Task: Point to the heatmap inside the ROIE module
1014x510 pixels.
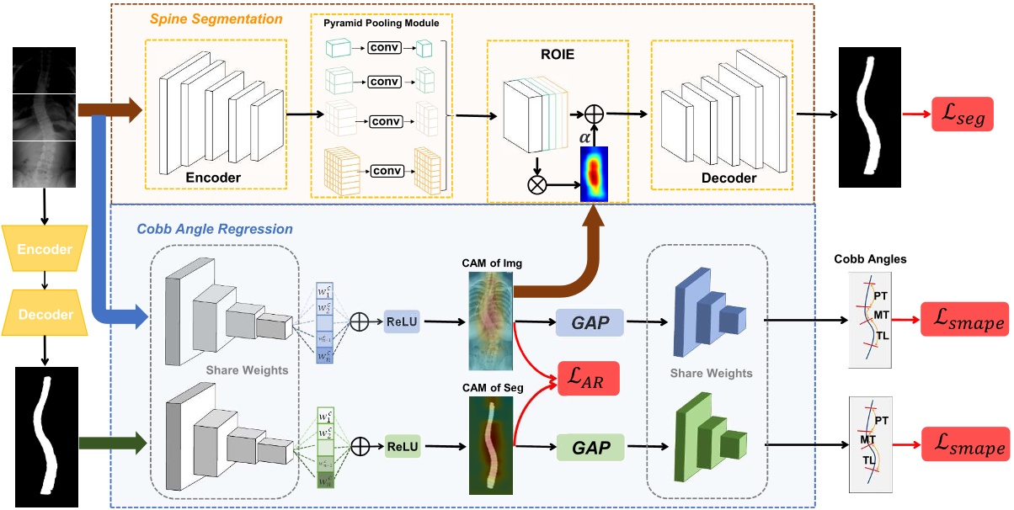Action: pyautogui.click(x=593, y=173)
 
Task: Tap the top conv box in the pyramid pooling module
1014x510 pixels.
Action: pyautogui.click(x=383, y=49)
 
